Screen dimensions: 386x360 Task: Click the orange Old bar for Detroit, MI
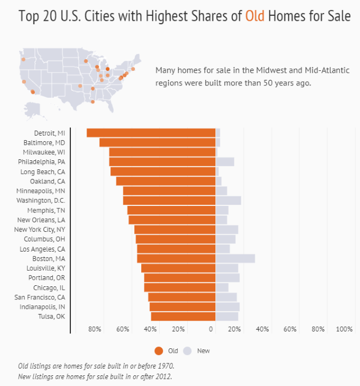(x=151, y=133)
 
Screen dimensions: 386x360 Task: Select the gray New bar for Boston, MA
(x=235, y=258)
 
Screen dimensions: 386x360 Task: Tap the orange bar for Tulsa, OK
(x=183, y=316)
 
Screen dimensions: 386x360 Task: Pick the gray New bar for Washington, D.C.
(x=228, y=200)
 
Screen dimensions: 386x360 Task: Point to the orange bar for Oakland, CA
(x=166, y=181)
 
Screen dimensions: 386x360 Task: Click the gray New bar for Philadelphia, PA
(x=224, y=162)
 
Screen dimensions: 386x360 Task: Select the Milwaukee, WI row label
(x=44, y=152)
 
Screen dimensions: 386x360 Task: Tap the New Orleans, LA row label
(x=41, y=220)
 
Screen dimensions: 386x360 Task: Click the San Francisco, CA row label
(x=39, y=297)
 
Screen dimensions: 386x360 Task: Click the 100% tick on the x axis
(x=344, y=329)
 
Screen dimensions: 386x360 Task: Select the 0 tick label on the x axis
(x=212, y=329)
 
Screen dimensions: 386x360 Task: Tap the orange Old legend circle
(x=158, y=351)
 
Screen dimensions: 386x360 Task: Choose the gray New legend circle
(x=187, y=351)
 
